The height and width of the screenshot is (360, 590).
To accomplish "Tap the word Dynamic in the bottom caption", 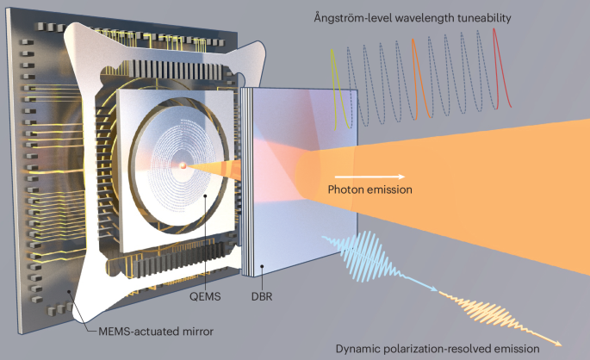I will [x=360, y=347].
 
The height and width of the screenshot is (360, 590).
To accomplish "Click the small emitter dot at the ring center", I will [x=183, y=164].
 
